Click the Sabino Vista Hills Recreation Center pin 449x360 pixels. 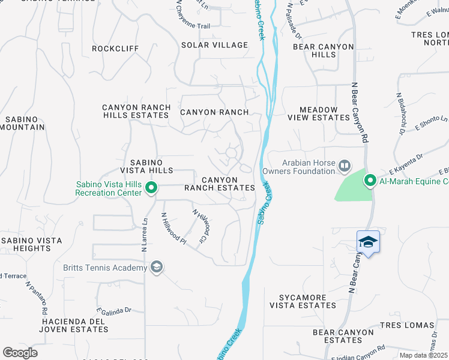pyautogui.click(x=151, y=189)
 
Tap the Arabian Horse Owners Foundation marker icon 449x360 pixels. pyautogui.click(x=345, y=165)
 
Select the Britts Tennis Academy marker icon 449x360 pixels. pyautogui.click(x=157, y=267)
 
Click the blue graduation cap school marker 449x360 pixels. pyautogui.click(x=368, y=242)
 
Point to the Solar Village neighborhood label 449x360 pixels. pyautogui.click(x=215, y=45)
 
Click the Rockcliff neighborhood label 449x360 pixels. pyautogui.click(x=115, y=49)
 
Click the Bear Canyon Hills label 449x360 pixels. pyautogui.click(x=315, y=50)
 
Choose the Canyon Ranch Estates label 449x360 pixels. pyautogui.click(x=220, y=184)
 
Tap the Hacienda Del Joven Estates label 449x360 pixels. pyautogui.click(x=73, y=325)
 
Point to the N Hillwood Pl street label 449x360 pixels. pyautogui.click(x=174, y=229)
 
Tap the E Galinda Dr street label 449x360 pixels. pyautogui.click(x=113, y=310)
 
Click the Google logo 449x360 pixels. pyautogui.click(x=20, y=353)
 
